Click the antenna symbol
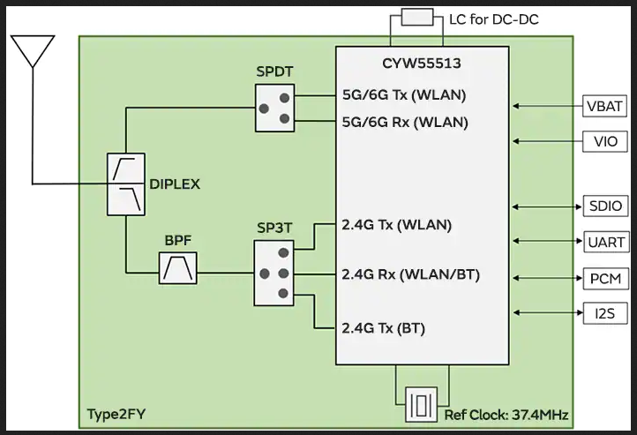click(x=32, y=52)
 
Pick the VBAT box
click(x=606, y=106)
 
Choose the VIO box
click(x=606, y=140)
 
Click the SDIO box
click(x=606, y=206)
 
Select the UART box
click(x=606, y=241)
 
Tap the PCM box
click(x=606, y=278)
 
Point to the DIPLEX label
click(x=175, y=184)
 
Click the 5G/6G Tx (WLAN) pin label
click(x=404, y=95)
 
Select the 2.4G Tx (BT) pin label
click(x=384, y=328)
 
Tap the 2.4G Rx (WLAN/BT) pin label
click(x=410, y=275)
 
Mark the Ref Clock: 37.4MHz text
click(x=506, y=414)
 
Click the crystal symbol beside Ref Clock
click(x=422, y=406)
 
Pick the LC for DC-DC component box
click(x=416, y=18)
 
